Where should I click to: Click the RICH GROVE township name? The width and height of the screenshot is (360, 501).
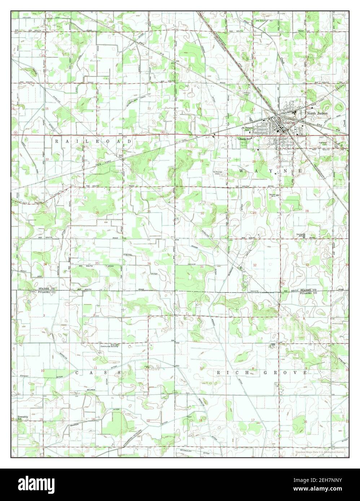point(262,372)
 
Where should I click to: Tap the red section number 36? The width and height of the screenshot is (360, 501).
point(149,263)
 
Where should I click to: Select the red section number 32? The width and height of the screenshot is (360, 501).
point(255,265)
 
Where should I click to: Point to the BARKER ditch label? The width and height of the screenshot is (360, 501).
point(76,425)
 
